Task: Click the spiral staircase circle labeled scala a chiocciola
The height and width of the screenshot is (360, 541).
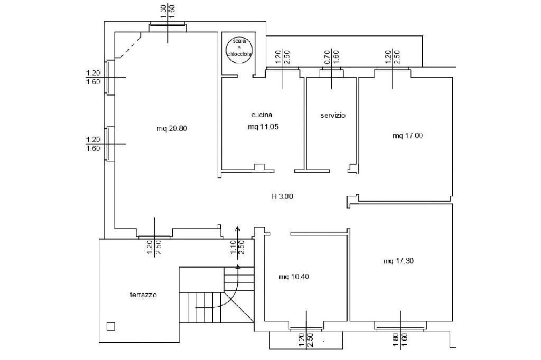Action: click(238, 48)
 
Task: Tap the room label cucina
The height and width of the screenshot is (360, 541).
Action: click(262, 115)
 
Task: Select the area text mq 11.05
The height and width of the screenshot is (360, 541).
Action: click(263, 127)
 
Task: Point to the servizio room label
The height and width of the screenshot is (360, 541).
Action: click(333, 115)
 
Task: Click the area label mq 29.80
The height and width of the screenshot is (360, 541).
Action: click(172, 128)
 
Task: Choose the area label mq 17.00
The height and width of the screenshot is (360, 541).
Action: click(407, 136)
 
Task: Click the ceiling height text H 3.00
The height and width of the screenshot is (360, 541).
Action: click(282, 196)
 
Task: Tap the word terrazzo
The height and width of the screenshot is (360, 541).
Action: click(143, 295)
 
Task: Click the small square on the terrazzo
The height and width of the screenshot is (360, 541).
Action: click(110, 326)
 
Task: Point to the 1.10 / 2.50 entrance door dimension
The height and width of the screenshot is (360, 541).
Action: click(237, 245)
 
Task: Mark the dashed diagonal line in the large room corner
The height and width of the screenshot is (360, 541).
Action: click(129, 46)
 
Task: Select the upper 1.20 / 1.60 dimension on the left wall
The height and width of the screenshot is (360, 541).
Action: click(93, 78)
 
